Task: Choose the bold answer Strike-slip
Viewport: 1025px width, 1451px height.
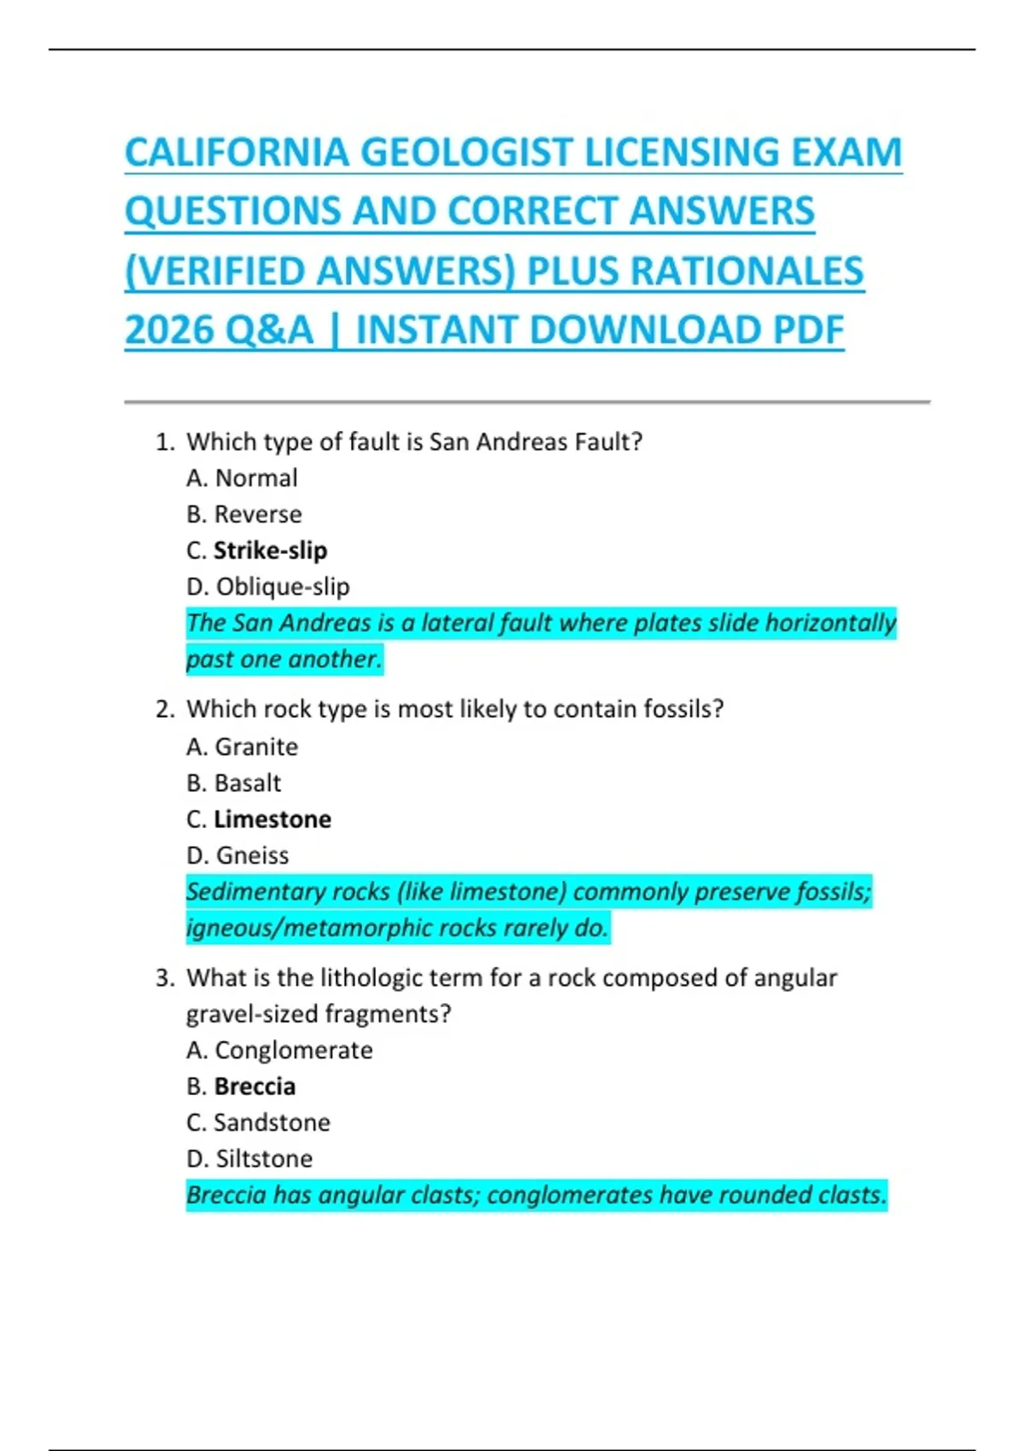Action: (x=270, y=551)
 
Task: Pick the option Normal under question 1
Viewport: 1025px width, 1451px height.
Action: (x=256, y=478)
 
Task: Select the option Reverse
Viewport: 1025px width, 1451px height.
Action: (x=258, y=515)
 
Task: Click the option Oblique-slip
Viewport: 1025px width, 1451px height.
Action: (x=283, y=587)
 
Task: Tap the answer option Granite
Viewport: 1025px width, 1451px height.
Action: (x=256, y=747)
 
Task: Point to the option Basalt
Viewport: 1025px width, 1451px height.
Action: (x=248, y=784)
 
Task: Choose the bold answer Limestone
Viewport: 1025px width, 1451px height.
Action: (x=272, y=819)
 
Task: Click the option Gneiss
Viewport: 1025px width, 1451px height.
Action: (x=252, y=855)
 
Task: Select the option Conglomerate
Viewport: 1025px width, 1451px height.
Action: (x=294, y=1050)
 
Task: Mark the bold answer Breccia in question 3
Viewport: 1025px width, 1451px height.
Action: (x=255, y=1087)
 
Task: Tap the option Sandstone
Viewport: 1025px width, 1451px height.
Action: (x=272, y=1122)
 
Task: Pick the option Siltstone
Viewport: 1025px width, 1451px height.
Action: (x=264, y=1159)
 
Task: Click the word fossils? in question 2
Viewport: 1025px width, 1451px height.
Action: (x=683, y=709)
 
